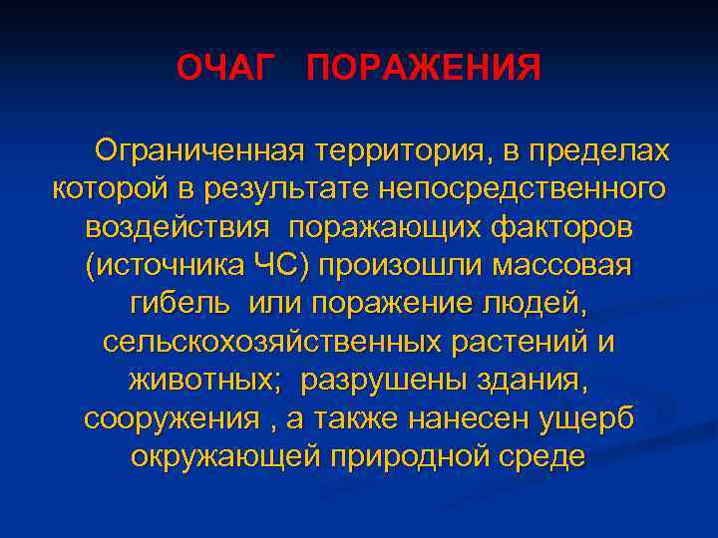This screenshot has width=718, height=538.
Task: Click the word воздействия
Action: click(178, 227)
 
